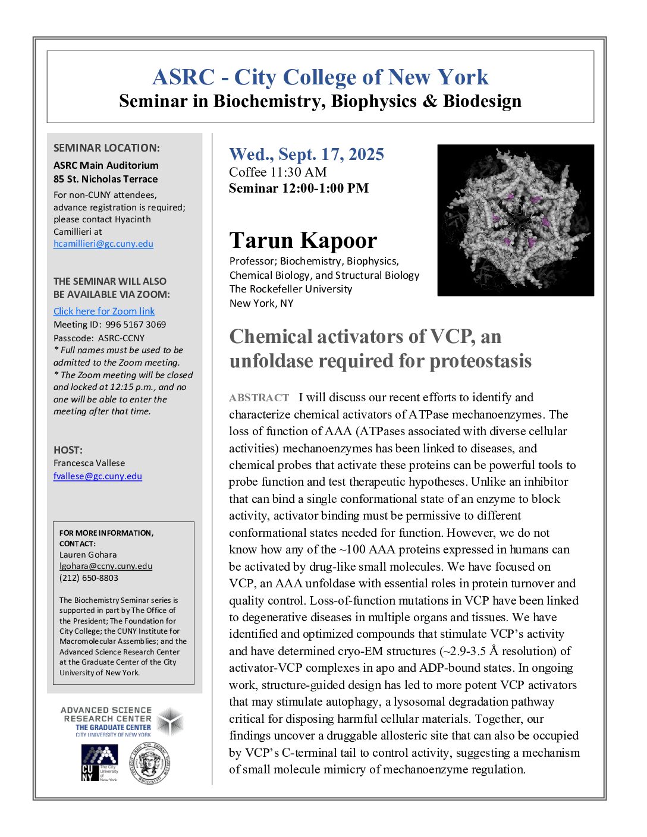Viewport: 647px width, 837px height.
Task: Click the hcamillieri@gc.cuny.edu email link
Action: point(103,244)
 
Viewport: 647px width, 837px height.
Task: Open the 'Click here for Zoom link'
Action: point(104,311)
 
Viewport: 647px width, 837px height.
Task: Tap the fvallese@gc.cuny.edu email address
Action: point(98,476)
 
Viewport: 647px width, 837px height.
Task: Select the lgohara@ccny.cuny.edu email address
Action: point(106,566)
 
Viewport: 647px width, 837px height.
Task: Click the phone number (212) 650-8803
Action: point(89,578)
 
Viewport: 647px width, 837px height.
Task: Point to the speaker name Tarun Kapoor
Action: point(303,241)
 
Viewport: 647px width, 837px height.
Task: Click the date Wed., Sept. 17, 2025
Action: point(306,155)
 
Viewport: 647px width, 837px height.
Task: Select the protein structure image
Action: point(516,220)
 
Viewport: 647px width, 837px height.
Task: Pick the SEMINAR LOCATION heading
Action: point(106,148)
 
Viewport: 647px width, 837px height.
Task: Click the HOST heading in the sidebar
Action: point(68,450)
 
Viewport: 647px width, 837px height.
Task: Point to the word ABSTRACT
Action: point(259,398)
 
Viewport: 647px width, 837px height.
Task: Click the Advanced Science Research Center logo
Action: point(122,722)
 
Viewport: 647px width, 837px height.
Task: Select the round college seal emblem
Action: point(150,763)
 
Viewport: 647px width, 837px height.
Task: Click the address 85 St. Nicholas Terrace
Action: point(105,179)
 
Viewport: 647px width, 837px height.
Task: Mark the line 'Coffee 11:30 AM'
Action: point(278,172)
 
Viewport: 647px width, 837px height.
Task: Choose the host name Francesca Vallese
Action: point(89,463)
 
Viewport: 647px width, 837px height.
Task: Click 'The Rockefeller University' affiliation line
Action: point(291,289)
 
